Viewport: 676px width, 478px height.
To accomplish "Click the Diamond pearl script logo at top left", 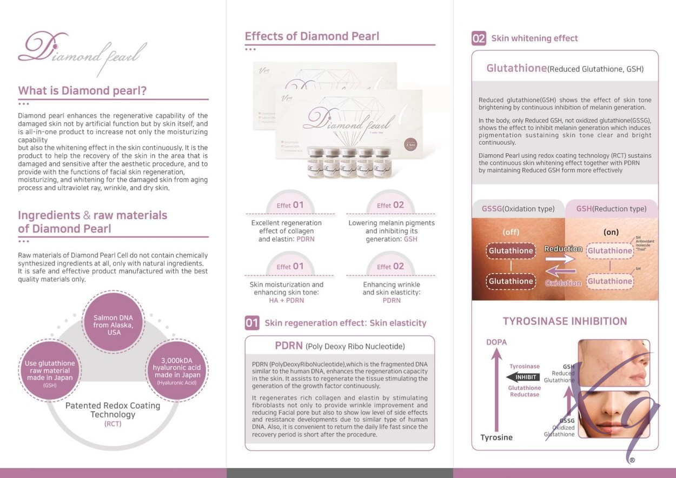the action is click(x=82, y=53).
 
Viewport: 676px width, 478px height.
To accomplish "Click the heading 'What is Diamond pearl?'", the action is click(x=82, y=90).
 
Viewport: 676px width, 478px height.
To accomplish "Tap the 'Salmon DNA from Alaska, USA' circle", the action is click(x=113, y=322).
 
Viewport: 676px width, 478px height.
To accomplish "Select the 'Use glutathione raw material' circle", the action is click(x=50, y=371).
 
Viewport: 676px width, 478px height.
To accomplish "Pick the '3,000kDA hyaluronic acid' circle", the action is click(x=177, y=370).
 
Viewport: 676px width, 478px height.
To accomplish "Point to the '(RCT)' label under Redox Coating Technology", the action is click(x=113, y=424).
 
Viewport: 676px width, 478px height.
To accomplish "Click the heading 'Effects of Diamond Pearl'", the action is click(x=312, y=36).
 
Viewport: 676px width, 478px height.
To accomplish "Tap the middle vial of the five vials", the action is click(x=349, y=162).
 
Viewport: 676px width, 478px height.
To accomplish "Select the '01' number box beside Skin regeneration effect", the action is click(x=252, y=323).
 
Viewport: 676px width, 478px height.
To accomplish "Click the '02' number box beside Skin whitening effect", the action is click(x=479, y=38).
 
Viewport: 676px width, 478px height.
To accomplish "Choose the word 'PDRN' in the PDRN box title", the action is click(x=288, y=346).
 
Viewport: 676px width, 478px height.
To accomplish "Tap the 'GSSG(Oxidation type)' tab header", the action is click(x=518, y=209).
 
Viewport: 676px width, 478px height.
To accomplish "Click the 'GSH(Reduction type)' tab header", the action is click(x=612, y=209).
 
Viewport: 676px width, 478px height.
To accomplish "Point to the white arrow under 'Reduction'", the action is click(x=560, y=259).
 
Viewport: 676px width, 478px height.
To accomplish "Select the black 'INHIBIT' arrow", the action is click(x=523, y=377).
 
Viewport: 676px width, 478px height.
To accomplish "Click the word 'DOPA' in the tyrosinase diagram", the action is click(x=496, y=342).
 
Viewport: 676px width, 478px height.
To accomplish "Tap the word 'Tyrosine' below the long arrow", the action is click(x=496, y=437).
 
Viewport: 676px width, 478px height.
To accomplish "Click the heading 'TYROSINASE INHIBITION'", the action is click(x=565, y=321).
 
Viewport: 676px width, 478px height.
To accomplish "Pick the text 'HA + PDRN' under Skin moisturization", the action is click(x=287, y=301).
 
